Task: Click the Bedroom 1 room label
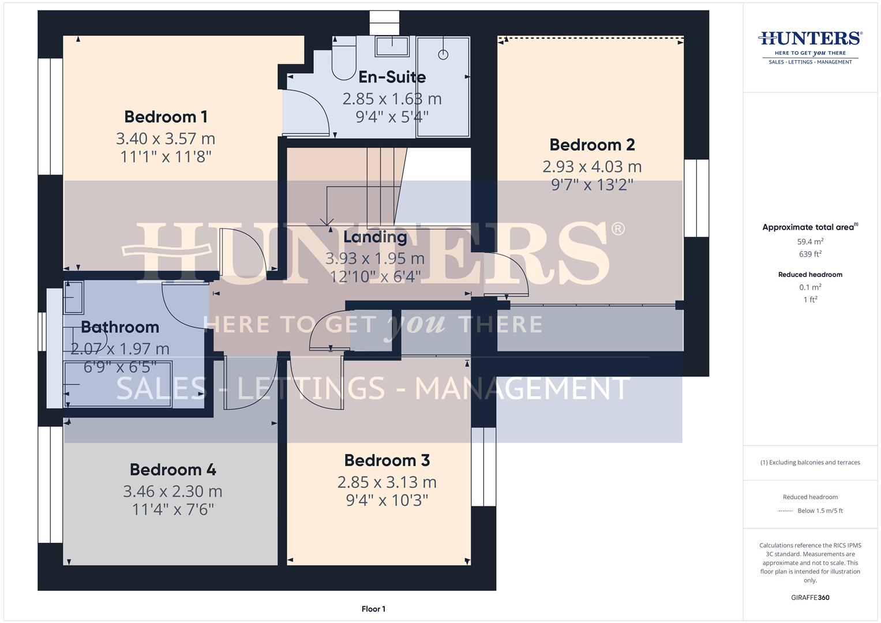tap(166, 117)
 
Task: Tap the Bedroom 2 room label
tap(592, 145)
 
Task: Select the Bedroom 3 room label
tap(387, 460)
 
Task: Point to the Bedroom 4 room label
tap(173, 470)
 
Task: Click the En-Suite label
tap(392, 77)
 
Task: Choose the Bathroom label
tap(120, 327)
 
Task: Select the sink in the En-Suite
tap(392, 46)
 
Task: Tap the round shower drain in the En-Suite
tap(443, 55)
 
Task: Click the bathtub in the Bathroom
tap(118, 384)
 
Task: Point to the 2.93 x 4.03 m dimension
tap(592, 167)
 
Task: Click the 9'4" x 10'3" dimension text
tap(387, 500)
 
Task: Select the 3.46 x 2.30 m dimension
tap(173, 491)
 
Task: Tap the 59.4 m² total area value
tap(810, 242)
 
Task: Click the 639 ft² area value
tap(810, 254)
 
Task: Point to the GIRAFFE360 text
tap(810, 598)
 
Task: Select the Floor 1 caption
tap(373, 609)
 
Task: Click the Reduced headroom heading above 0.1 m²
tap(810, 275)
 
